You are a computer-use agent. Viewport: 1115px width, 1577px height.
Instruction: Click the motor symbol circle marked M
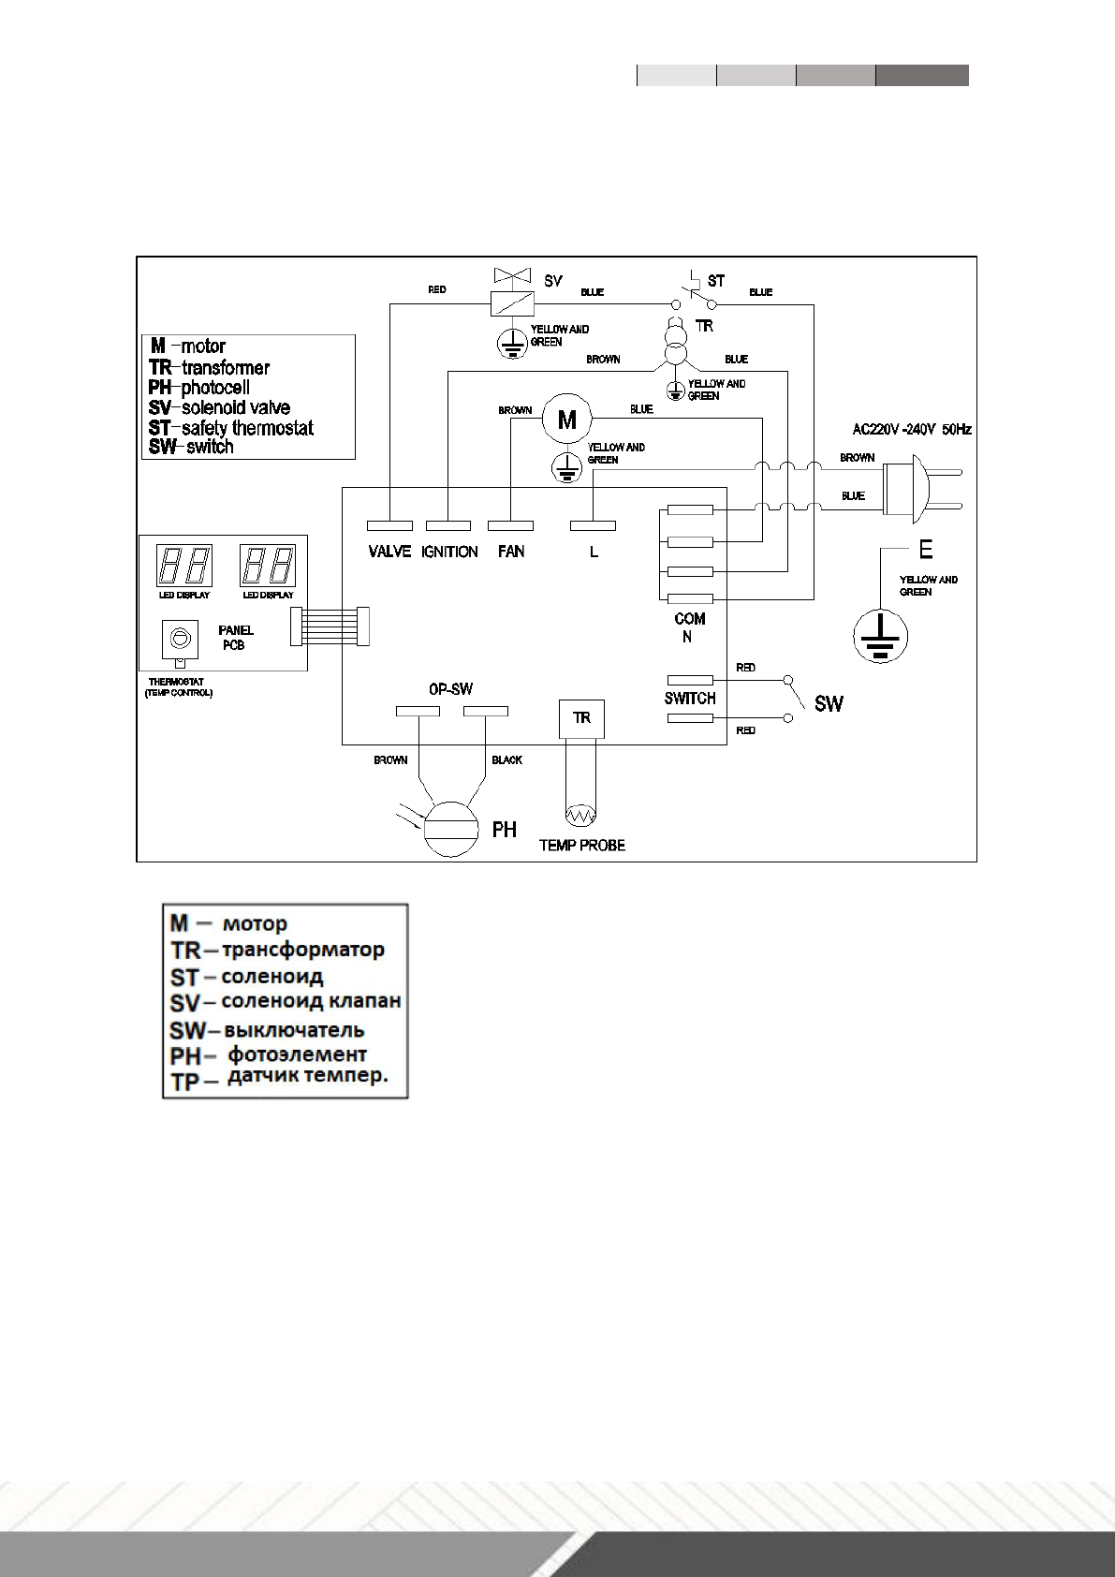[x=567, y=420]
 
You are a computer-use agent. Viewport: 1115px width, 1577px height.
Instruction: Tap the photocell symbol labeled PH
[x=451, y=829]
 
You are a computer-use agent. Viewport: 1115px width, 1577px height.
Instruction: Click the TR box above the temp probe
[x=581, y=718]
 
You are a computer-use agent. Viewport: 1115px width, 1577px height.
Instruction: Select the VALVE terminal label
[x=389, y=552]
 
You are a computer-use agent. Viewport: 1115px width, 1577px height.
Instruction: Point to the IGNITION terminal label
[x=449, y=552]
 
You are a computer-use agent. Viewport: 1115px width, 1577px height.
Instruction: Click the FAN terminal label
[x=511, y=552]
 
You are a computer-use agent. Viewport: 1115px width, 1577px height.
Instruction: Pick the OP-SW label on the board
[x=450, y=688]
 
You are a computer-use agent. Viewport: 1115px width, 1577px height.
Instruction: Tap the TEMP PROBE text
[x=581, y=845]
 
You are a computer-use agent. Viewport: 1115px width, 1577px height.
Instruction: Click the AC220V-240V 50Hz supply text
[x=911, y=430]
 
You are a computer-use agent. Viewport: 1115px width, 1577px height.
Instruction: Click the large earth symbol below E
[x=880, y=637]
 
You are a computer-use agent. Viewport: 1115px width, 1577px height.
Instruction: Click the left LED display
[x=183, y=566]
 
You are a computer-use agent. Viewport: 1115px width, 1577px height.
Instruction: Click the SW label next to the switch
[x=829, y=703]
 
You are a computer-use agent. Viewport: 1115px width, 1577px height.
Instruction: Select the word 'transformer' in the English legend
[x=226, y=367]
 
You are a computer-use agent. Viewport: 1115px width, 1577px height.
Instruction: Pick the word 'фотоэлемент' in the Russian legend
[x=298, y=1054]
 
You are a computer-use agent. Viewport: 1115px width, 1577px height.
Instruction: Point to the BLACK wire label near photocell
[x=506, y=760]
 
